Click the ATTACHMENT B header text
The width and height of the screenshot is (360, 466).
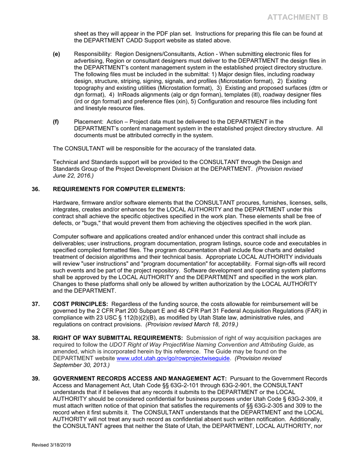click(296, 17)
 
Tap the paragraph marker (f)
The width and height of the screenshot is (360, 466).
click(56, 122)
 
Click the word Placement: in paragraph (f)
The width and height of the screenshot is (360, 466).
click(88, 122)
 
